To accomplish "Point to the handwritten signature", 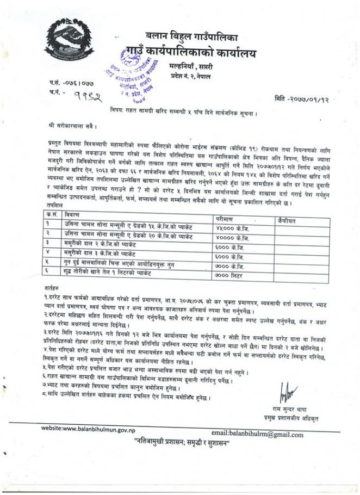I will point(288,392).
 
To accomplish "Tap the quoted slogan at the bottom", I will point(182,444).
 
